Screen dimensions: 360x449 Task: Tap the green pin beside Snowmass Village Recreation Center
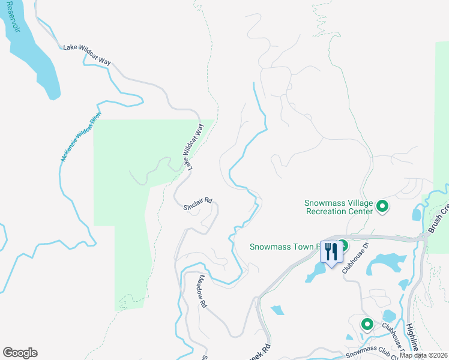382,208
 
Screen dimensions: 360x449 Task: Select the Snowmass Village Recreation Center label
338,206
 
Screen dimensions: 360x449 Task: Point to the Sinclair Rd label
197,203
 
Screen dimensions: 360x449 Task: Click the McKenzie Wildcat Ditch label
82,137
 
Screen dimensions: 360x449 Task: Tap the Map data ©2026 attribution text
424,355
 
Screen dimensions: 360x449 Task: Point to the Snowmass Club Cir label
372,350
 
